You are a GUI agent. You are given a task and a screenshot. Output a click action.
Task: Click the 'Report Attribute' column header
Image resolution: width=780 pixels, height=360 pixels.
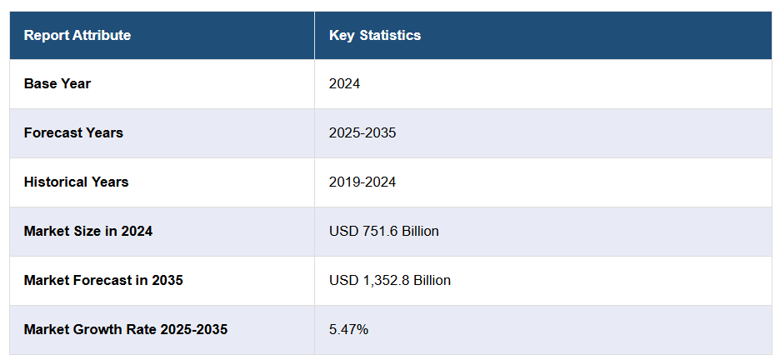[77, 35]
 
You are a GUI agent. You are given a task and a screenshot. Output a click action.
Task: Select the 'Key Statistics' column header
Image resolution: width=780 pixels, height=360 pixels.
[375, 35]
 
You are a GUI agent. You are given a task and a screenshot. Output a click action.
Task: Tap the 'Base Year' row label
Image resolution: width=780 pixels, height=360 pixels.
[57, 83]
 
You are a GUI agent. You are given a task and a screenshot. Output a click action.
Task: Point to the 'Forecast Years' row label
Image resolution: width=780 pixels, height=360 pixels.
[73, 132]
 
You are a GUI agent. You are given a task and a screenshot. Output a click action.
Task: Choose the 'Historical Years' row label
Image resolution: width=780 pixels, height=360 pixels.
[76, 182]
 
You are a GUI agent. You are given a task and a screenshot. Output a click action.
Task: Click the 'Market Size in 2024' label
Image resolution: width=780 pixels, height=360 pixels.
[87, 231]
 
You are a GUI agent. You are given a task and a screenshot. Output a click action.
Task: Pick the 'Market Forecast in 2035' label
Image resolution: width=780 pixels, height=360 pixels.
[103, 280]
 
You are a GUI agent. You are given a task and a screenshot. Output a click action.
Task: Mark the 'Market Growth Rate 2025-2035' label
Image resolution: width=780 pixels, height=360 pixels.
[125, 329]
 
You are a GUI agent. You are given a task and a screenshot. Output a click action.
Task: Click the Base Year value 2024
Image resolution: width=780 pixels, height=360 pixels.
[345, 83]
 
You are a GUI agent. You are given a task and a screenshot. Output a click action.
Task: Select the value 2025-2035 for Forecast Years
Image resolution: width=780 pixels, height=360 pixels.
[362, 132]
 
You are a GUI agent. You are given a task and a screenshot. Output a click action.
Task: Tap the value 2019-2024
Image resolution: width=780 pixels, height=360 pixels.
[362, 182]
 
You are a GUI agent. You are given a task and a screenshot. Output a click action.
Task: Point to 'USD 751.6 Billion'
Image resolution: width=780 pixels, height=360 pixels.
[384, 231]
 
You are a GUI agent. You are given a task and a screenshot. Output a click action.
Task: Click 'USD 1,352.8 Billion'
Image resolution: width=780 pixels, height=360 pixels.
[390, 280]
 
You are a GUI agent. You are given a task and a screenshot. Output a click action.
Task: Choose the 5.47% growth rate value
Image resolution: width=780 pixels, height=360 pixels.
[348, 329]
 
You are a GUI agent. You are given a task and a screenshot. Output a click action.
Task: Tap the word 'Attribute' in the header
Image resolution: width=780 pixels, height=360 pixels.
[102, 35]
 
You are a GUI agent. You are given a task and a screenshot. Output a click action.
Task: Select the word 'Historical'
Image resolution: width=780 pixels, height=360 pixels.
[55, 182]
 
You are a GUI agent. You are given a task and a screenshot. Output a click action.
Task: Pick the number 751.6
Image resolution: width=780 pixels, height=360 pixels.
[378, 231]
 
